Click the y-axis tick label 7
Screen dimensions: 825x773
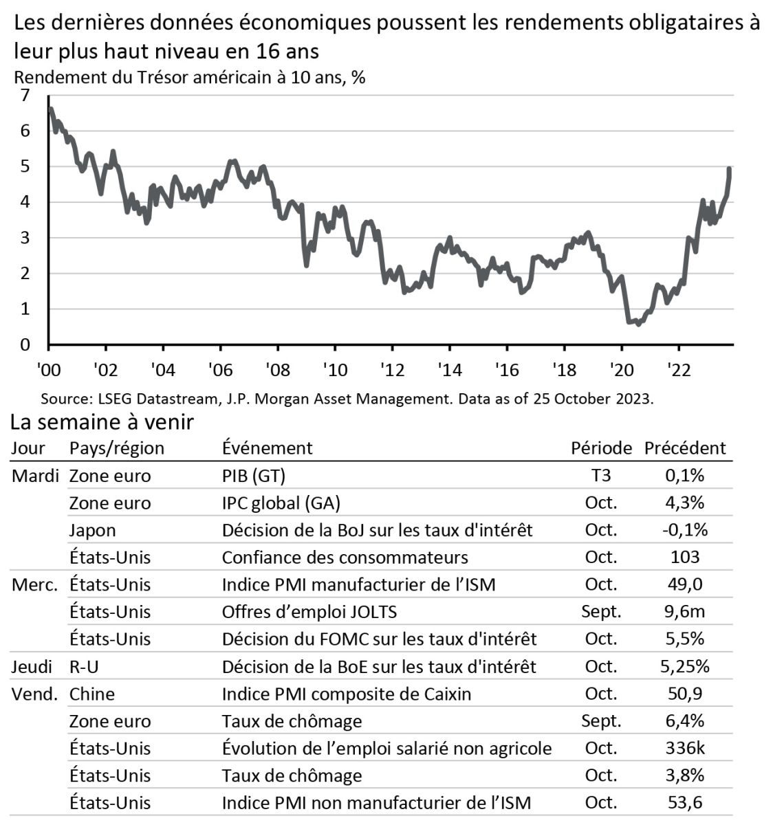(25, 96)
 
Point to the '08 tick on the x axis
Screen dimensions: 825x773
(277, 370)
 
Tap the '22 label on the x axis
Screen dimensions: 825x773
(678, 370)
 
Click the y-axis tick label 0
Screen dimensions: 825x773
(25, 345)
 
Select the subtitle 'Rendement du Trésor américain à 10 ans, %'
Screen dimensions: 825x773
(189, 77)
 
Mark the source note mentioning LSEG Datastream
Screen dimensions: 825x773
(347, 399)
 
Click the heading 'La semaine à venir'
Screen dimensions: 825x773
(102, 422)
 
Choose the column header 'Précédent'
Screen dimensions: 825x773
(684, 448)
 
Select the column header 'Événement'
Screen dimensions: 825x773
(267, 448)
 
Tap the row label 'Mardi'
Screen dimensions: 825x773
(35, 476)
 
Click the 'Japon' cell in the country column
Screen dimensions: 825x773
(92, 530)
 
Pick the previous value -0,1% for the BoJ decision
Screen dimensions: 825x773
(684, 530)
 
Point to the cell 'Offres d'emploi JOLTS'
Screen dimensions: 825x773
(309, 612)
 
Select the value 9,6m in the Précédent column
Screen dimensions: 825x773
(684, 612)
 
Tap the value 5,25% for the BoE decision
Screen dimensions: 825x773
(684, 666)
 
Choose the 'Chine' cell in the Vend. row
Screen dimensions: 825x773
(91, 694)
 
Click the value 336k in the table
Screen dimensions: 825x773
(684, 748)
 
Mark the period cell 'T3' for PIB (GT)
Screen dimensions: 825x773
(600, 476)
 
